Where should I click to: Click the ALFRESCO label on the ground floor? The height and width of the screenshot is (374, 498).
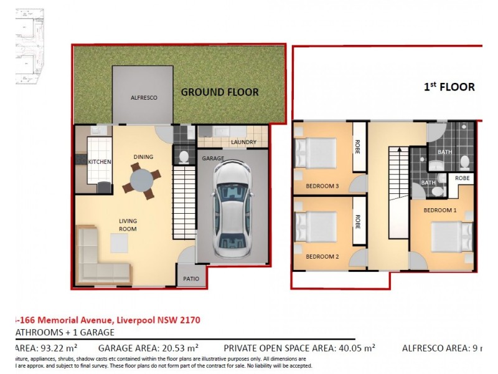(x=143, y=98)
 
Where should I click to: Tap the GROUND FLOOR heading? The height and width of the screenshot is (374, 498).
(x=220, y=92)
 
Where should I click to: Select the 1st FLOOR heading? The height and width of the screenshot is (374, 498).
(x=449, y=87)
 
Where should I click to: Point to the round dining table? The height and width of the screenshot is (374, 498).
(x=141, y=181)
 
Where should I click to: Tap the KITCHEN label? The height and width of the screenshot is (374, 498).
(x=99, y=162)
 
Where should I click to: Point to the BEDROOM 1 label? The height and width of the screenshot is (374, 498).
(x=440, y=210)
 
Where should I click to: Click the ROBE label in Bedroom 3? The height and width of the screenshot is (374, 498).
(x=359, y=147)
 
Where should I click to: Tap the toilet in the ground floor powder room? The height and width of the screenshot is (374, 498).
(x=184, y=156)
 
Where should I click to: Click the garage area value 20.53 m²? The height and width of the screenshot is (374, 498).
(x=178, y=348)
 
